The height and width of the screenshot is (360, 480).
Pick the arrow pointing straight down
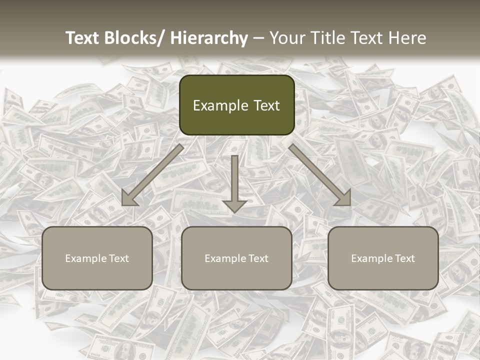pyautogui.click(x=234, y=180)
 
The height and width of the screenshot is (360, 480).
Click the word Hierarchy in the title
pyautogui.click(x=209, y=38)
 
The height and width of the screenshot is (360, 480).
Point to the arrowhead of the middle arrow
pyautogui.click(x=234, y=205)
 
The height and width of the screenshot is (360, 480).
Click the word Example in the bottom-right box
pyautogui.click(x=369, y=258)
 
